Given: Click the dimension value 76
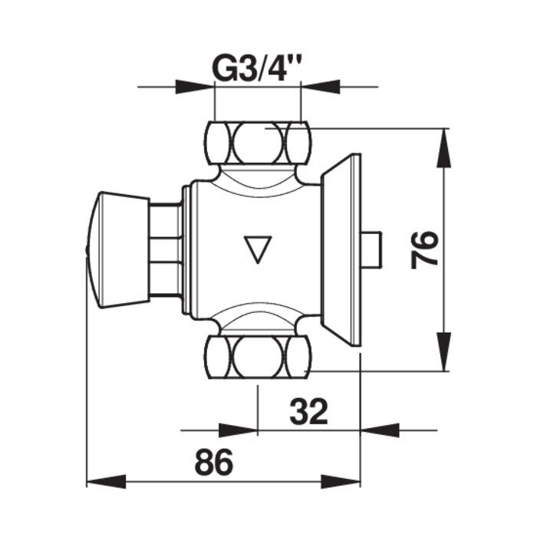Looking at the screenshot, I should [424, 249].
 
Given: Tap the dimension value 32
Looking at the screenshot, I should [308, 412].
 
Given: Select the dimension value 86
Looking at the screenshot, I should [213, 463].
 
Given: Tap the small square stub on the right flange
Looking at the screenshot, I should [372, 249].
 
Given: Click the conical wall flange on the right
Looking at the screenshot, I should [341, 249].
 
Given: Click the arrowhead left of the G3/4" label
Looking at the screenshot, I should [196, 87].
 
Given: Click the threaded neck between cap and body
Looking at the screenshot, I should [165, 249].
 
